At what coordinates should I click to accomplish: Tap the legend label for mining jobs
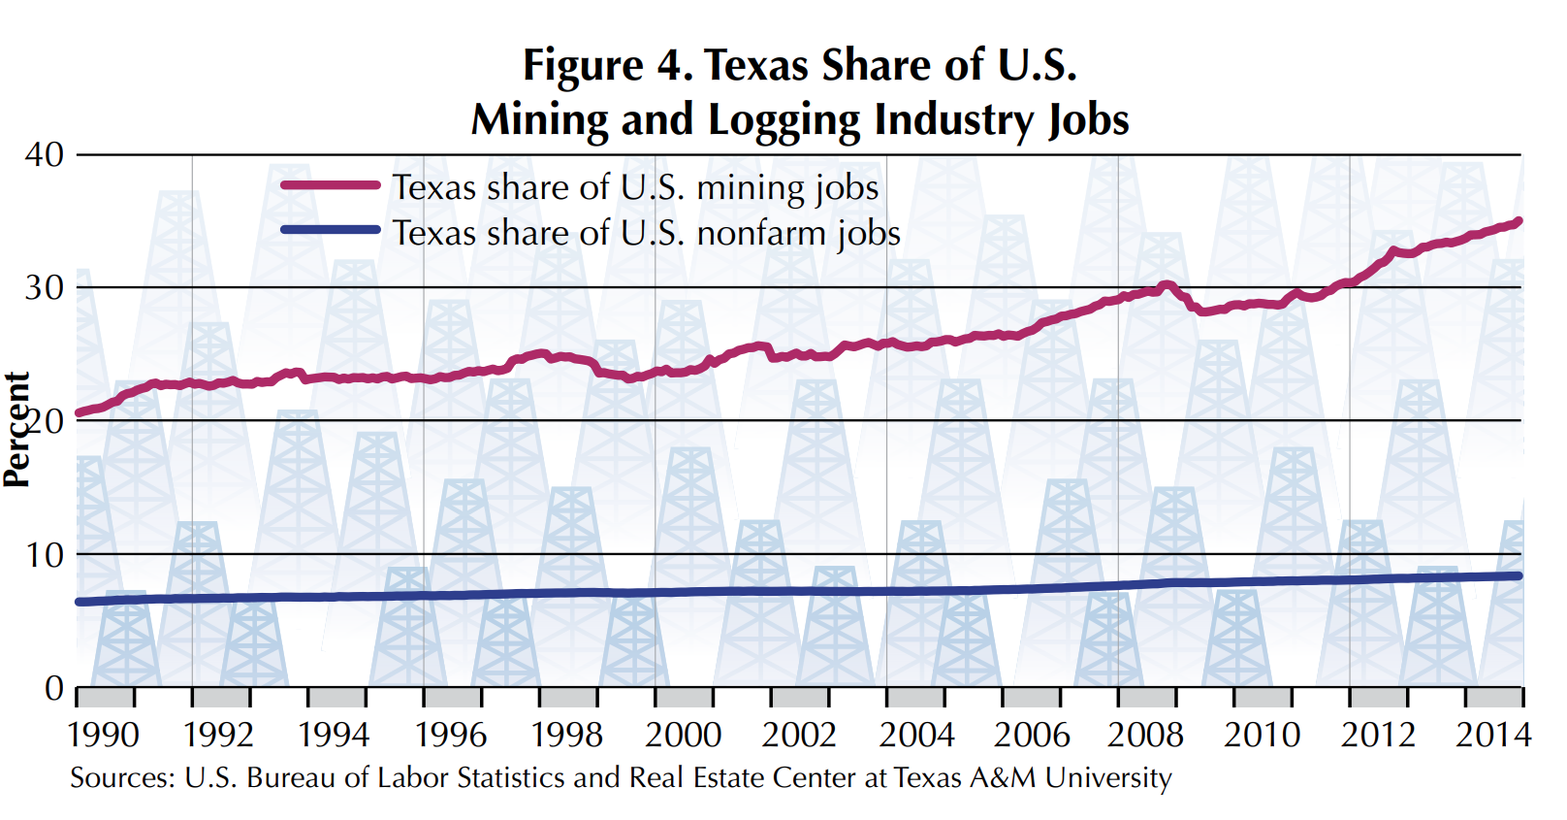(635, 187)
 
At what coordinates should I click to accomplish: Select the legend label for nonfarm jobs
(646, 234)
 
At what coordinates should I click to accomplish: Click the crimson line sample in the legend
(330, 184)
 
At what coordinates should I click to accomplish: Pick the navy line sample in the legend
(330, 230)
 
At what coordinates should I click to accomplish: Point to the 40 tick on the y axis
(45, 154)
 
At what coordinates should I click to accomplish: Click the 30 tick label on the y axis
(45, 287)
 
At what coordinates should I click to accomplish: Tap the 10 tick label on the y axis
(45, 555)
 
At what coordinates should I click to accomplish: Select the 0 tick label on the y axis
(54, 688)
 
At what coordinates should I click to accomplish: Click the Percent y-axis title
(16, 429)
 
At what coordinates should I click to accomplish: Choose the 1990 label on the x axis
(104, 735)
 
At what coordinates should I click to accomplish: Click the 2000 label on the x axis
(684, 735)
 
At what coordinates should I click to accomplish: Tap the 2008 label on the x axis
(1146, 735)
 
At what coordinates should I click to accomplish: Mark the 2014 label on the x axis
(1493, 735)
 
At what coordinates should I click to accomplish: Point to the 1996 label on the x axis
(451, 735)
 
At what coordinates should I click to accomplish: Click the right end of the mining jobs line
(1519, 221)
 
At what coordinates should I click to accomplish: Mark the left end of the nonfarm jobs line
(80, 602)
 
